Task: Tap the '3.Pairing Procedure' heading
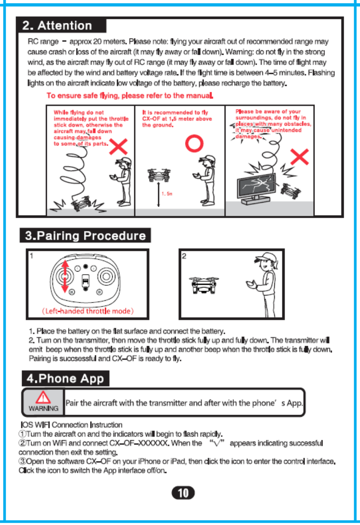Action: pyautogui.click(x=85, y=235)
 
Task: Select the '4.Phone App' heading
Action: pyautogui.click(x=65, y=378)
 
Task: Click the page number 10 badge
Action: pyautogui.click(x=183, y=492)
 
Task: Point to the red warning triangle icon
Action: pyautogui.click(x=43, y=397)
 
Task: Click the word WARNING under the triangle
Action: pyautogui.click(x=43, y=408)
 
